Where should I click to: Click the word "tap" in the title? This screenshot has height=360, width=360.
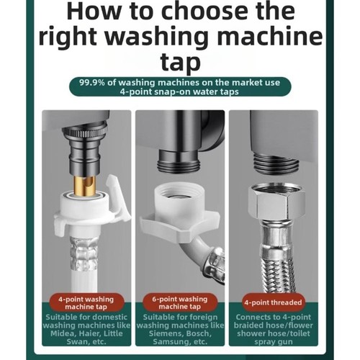pos(181,63)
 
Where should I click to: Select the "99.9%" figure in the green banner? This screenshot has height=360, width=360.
pos(92,83)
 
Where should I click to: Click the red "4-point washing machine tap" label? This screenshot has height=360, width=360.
pos(86,302)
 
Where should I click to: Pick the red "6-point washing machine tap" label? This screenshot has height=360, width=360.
pos(180,302)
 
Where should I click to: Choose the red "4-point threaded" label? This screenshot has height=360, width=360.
pos(273,302)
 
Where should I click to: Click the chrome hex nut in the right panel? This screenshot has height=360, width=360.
pos(276,202)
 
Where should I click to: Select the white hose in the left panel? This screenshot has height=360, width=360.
pos(85,264)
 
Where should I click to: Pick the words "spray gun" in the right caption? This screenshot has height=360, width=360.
pos(274,342)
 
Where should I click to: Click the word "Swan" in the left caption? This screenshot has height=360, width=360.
pos(77,342)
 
